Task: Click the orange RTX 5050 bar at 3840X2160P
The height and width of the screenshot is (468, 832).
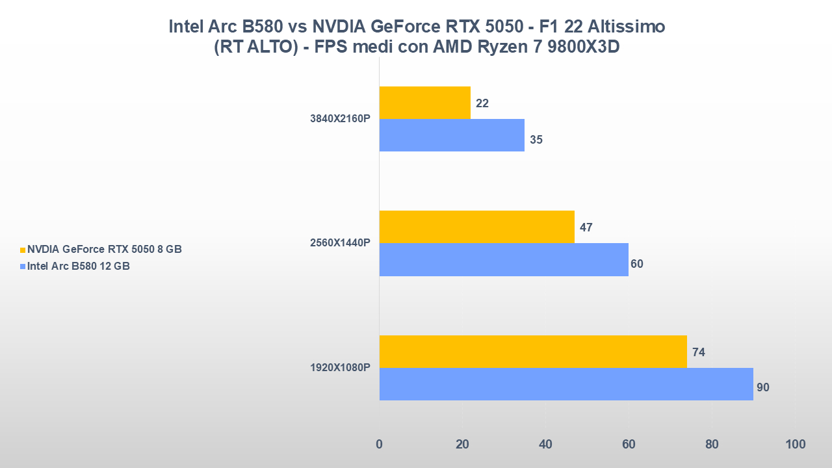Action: [424, 103]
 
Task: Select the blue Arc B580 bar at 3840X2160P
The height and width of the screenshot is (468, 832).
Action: [452, 135]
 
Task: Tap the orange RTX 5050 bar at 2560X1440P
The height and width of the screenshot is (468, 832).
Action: [476, 227]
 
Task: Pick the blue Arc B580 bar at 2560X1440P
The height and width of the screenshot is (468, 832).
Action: [504, 259]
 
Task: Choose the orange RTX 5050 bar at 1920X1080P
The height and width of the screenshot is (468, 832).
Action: [533, 352]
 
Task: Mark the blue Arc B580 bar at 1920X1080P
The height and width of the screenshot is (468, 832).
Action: [566, 384]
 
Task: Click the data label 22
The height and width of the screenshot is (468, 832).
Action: [482, 103]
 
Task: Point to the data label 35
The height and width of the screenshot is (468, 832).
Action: [536, 140]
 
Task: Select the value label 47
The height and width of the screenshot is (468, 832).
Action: [586, 227]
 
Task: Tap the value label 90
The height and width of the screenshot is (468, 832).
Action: [763, 387]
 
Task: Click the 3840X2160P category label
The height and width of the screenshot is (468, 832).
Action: [341, 119]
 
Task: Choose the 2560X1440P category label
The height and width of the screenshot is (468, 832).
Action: [341, 243]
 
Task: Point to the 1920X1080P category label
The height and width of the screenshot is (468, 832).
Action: [341, 368]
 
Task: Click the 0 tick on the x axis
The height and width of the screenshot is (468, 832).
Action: [380, 445]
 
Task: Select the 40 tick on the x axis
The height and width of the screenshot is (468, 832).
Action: [545, 445]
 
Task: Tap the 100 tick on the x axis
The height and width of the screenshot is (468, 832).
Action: [795, 445]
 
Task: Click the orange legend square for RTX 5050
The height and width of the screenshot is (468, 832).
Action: [23, 250]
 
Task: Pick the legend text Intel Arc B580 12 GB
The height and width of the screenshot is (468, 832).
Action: [79, 266]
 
